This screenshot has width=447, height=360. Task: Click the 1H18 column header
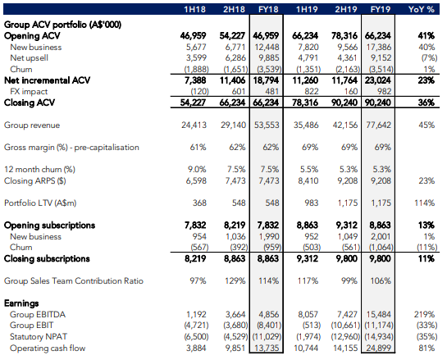tap(194, 9)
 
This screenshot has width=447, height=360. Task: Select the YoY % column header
tap(422, 9)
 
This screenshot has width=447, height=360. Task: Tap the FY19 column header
tap(381, 9)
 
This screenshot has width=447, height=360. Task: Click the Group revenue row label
tap(32, 125)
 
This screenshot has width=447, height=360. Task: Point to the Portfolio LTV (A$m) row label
tap(40, 203)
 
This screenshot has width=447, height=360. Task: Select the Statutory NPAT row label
tap(39, 336)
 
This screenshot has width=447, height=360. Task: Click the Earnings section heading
tap(21, 303)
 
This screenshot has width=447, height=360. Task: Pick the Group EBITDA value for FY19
tap(379, 314)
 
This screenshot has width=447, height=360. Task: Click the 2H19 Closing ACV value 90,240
tap(344, 103)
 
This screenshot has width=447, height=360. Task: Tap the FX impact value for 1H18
tap(199, 92)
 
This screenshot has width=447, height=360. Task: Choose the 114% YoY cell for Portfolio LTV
tap(425, 203)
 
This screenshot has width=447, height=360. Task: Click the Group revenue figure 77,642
tap(379, 125)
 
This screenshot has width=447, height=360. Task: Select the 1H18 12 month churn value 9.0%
tap(197, 170)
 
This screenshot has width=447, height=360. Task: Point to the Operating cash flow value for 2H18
tap(235, 348)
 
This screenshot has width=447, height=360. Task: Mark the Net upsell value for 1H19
tap(308, 58)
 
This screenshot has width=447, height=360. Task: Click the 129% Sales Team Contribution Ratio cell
tap(235, 281)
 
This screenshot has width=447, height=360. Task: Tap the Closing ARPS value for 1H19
tap(308, 180)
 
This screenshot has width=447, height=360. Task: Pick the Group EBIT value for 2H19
tap(345, 326)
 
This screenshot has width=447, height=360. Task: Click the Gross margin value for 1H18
tap(198, 148)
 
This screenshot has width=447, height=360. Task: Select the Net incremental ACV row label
tap(47, 80)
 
